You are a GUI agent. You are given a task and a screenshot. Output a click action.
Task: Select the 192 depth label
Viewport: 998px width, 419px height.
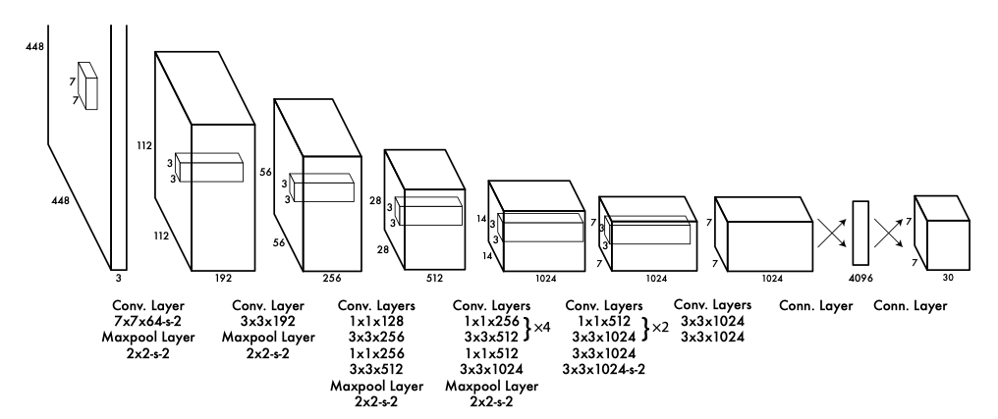click(x=223, y=278)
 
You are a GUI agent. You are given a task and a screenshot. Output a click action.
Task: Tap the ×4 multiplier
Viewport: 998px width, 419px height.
click(x=540, y=330)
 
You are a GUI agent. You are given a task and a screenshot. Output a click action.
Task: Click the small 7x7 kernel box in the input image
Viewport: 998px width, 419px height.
click(x=88, y=85)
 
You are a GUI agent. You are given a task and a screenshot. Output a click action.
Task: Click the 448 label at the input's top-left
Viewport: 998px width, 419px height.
click(x=35, y=19)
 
